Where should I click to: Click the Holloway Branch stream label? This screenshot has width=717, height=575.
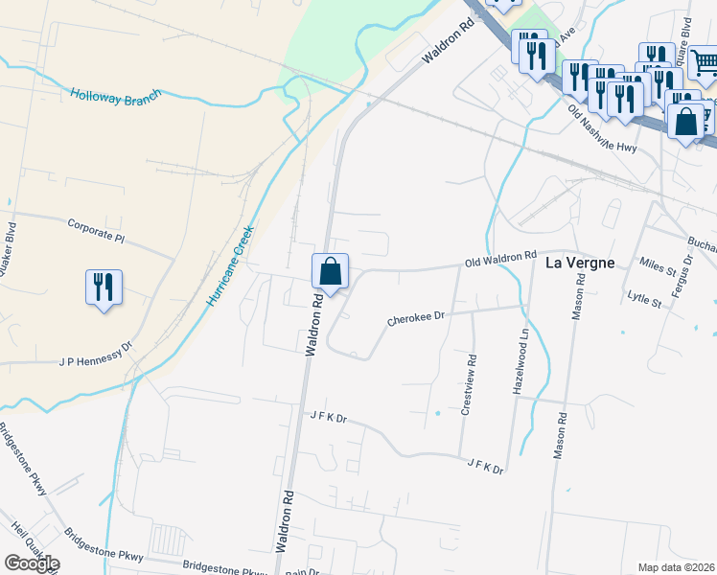[x=115, y=96]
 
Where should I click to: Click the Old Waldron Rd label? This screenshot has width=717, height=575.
[x=500, y=258]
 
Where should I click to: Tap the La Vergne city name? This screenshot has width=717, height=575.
[x=579, y=263]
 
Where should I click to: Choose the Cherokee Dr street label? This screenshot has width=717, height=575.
[x=416, y=317]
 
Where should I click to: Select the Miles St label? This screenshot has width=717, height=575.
[x=659, y=264]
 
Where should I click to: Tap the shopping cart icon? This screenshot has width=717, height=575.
[x=705, y=63]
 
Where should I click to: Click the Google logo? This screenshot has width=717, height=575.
[x=32, y=563]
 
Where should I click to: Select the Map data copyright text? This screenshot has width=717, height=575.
[x=677, y=567]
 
